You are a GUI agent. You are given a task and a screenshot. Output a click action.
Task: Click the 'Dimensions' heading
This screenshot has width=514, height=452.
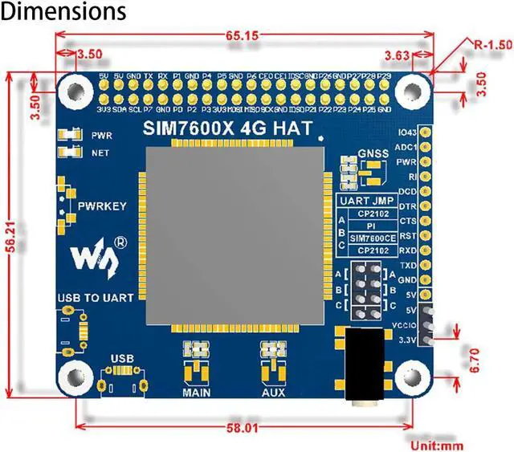coord(63,12)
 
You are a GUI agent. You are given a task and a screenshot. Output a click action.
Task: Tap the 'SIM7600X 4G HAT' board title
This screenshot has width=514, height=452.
coord(228,128)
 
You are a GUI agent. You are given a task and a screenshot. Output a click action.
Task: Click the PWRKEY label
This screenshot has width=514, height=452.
coord(102,206)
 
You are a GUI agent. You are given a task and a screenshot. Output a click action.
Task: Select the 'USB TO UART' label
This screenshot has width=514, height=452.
coord(90,299)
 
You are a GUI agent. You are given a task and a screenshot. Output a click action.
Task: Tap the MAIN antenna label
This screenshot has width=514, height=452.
coord(196,393)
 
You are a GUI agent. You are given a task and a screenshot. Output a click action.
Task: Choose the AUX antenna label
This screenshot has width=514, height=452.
coord(273,393)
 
